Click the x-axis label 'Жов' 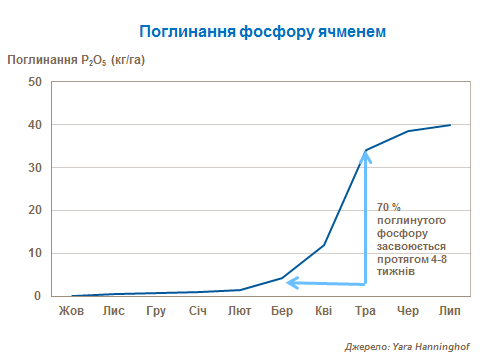(x=71, y=311)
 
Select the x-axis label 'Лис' (x=113, y=311)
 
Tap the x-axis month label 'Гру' (x=156, y=311)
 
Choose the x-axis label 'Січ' (x=198, y=311)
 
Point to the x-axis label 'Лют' (x=240, y=311)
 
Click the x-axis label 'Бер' (x=282, y=311)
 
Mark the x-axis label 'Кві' (x=324, y=311)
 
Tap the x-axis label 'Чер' (x=408, y=311)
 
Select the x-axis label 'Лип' (x=450, y=311)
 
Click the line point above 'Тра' (x=366, y=150)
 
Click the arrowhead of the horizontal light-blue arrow (x=292, y=284)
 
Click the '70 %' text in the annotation (x=390, y=207)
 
